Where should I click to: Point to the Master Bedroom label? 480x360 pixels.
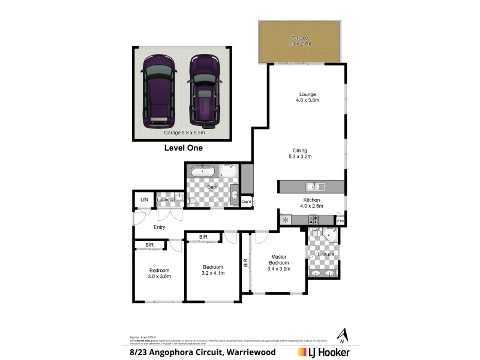coord(279,263)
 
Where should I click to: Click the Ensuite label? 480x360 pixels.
coord(326,254)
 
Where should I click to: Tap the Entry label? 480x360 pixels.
coord(160,227)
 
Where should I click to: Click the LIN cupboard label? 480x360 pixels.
coord(144,200)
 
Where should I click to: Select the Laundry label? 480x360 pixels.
coord(165,200)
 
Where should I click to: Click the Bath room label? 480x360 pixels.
coord(212,187)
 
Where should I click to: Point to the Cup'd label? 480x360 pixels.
coord(246,202)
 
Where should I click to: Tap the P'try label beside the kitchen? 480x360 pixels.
coord(340,221)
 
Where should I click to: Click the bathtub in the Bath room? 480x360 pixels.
coord(203,172)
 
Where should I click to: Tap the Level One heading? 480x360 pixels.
coord(184,148)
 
